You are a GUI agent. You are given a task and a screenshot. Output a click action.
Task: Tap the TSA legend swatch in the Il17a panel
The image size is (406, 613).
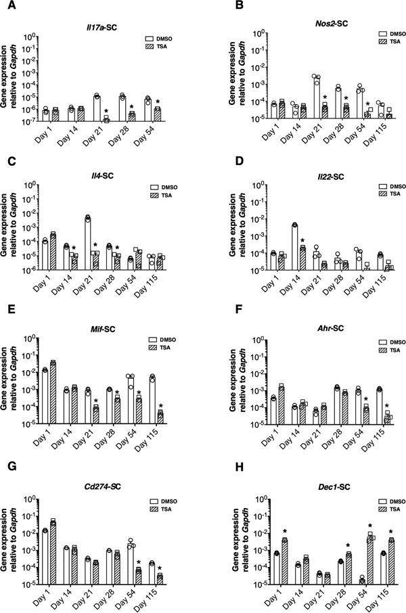click(x=150, y=47)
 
